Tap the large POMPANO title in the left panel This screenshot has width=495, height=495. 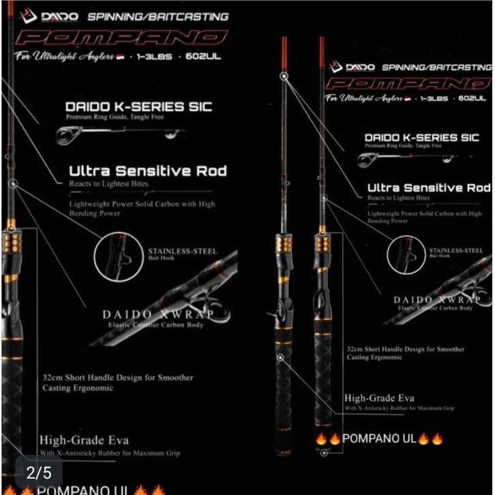click(x=121, y=38)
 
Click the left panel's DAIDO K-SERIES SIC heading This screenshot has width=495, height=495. click(x=138, y=106)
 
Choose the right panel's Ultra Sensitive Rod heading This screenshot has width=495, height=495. click(x=428, y=187)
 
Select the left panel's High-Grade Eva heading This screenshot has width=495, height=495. click(x=84, y=440)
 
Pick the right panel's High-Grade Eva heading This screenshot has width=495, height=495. click(x=379, y=397)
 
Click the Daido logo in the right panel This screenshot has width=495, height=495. click(x=352, y=67)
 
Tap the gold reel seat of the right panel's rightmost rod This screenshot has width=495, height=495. click(x=322, y=243)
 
